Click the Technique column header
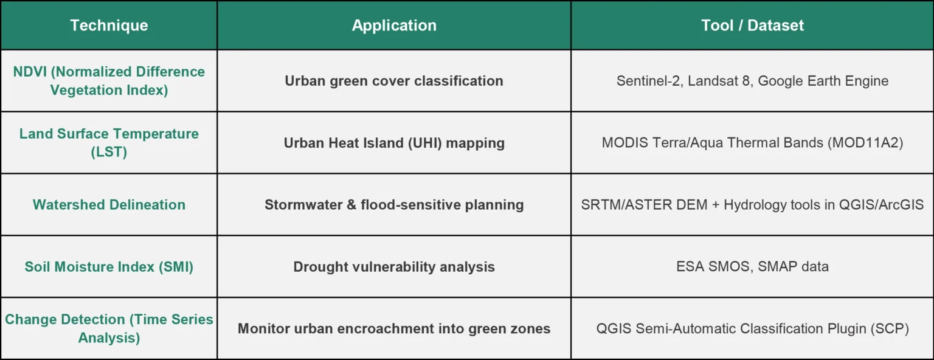coord(109,26)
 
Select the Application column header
coord(394,26)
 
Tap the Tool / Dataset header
coord(752,26)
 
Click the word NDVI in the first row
coord(30,72)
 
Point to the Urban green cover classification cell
coord(394,81)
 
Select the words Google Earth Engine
coord(823,81)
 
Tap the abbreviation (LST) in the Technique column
coord(109,152)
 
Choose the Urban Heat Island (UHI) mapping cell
coord(394,143)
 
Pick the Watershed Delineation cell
coord(109,205)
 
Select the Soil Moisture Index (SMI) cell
coord(109,267)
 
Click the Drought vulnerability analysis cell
coord(394,267)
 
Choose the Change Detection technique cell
coord(109,328)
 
